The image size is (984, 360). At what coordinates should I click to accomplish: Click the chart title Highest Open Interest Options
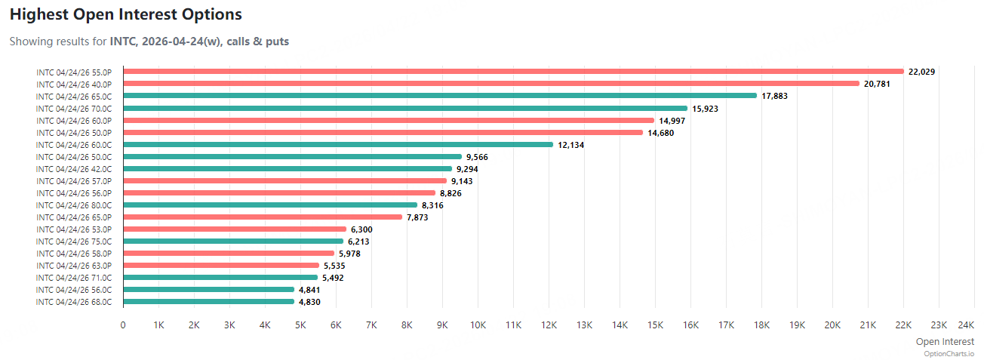(x=126, y=14)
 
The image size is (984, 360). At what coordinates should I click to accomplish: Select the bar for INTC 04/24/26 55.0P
(x=513, y=72)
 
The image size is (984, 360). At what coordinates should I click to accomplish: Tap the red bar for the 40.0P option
(x=490, y=84)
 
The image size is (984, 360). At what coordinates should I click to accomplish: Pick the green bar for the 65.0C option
(x=439, y=96)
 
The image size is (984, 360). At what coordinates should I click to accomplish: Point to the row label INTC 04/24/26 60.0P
(x=74, y=121)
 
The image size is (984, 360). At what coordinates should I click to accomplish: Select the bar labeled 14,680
(x=383, y=132)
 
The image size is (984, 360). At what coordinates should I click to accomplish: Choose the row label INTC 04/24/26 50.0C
(x=74, y=157)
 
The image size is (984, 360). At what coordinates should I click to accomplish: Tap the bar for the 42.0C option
(x=288, y=168)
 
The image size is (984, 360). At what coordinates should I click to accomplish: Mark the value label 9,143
(x=462, y=181)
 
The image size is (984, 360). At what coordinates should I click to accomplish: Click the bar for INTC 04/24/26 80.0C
(x=270, y=205)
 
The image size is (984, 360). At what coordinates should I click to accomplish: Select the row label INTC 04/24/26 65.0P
(x=74, y=217)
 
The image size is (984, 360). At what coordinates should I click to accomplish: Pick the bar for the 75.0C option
(x=233, y=241)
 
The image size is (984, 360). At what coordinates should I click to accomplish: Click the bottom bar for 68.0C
(x=208, y=301)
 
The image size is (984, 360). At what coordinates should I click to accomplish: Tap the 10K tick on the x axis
(x=478, y=325)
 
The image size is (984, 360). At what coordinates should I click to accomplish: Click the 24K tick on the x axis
(x=965, y=325)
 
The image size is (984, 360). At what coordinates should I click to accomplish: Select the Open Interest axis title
(x=944, y=342)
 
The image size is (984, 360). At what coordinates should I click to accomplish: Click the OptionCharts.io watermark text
(x=949, y=353)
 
